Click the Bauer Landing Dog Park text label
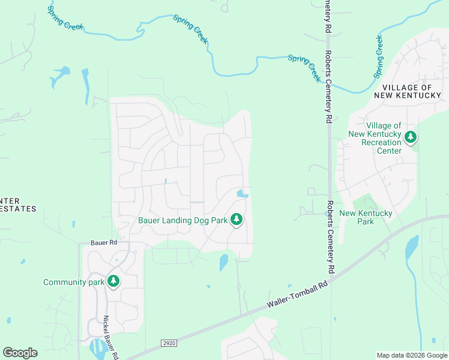pos(183,220)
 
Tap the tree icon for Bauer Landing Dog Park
pos(237,220)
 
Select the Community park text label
pos(70,282)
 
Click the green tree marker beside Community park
pos(113,281)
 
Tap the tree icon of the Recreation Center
pos(411,137)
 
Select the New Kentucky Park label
pos(366,217)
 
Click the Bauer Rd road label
pos(103,242)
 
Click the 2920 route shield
pos(169,343)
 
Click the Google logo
pos(20,353)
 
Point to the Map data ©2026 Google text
pos(411,355)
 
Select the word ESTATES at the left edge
pos(18,209)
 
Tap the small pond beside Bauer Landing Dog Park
pos(242,193)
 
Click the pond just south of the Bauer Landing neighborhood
pos(224,262)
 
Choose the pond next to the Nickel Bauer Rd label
pos(96,347)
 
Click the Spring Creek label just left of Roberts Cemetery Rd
pos(304,68)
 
